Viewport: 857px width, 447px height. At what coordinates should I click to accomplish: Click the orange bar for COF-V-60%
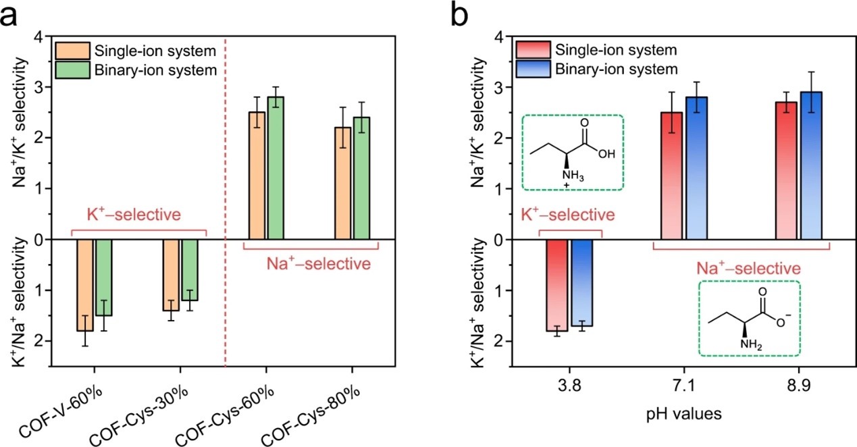click(85, 284)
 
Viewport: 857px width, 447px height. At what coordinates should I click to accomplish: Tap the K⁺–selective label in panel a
click(138, 215)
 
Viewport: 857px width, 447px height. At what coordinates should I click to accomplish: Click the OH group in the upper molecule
click(606, 153)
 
